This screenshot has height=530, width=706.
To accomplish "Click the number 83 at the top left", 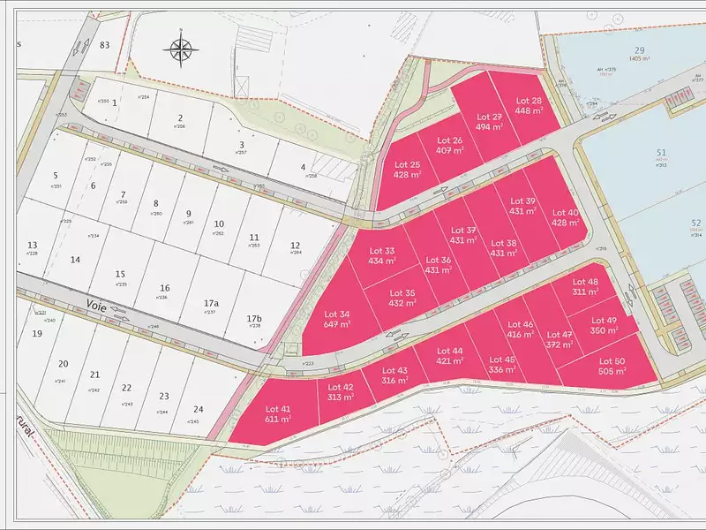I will click(x=106, y=44).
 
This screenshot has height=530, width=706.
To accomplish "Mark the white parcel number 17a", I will click(x=210, y=302).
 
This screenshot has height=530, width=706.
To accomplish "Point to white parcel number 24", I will click(x=199, y=409).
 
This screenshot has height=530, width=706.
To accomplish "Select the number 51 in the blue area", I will click(x=661, y=153).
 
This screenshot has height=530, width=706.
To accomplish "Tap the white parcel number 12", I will click(x=296, y=246).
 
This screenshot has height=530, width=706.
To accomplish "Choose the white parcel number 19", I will click(x=36, y=334).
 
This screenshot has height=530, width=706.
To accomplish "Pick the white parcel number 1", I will click(x=115, y=102).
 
